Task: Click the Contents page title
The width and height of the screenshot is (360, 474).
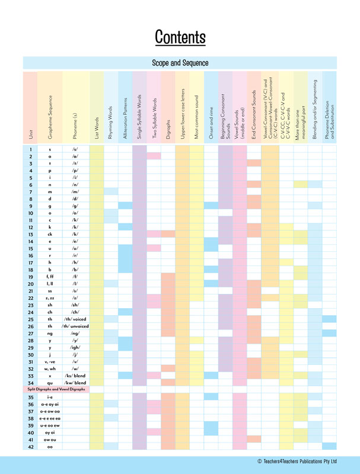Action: click(180, 37)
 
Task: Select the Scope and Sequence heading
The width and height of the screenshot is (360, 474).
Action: click(180, 63)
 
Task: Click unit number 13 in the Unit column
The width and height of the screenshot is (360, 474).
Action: click(30, 234)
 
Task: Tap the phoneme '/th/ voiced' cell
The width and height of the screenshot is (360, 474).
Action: click(75, 319)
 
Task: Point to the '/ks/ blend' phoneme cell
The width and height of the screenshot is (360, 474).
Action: click(75, 376)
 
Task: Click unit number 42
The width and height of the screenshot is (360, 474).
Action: click(30, 446)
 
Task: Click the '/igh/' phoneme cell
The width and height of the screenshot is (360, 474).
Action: click(75, 347)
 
